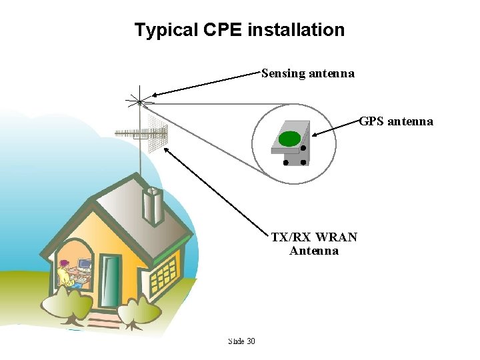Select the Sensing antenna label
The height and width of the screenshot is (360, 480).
pos(307,73)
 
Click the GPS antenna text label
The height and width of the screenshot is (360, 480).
pos(396,121)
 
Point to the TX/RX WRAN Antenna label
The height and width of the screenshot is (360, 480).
pos(314,244)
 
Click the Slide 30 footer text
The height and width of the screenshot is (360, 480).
pos(241,341)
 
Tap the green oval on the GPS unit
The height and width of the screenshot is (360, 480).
pos(289,139)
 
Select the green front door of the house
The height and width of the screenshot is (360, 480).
pos(111,279)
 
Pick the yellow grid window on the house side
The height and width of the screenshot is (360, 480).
pos(163,273)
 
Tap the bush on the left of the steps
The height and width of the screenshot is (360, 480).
pos(67,307)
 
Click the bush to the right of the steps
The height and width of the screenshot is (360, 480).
pos(139,310)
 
